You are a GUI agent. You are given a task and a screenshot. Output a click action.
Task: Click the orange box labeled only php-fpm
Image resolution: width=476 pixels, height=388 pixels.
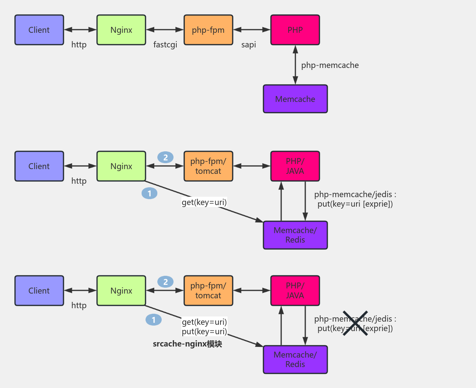click(208, 30)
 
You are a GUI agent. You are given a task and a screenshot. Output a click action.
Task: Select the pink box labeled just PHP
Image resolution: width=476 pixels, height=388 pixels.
click(295, 30)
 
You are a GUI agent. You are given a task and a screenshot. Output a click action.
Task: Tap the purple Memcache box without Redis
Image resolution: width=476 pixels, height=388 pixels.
click(295, 99)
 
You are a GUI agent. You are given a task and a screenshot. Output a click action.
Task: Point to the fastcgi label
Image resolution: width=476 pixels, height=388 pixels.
click(165, 45)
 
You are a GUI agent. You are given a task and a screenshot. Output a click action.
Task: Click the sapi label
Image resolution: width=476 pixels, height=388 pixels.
click(248, 45)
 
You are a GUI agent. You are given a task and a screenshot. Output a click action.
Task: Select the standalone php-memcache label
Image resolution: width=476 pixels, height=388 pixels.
click(330, 65)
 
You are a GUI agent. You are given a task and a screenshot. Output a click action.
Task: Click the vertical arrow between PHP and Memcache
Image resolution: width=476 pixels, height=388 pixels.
click(295, 64)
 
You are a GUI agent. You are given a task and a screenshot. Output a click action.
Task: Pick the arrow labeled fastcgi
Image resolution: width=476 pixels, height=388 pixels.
click(165, 30)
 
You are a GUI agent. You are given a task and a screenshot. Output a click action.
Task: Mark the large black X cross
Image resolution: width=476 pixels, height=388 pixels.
click(355, 323)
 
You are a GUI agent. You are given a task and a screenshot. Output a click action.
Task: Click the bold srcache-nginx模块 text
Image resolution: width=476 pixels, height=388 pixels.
click(187, 344)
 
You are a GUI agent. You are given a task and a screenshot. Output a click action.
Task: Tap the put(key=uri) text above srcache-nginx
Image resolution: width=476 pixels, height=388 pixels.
click(204, 331)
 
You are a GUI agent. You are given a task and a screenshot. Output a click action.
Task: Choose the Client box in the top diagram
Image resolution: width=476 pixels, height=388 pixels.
click(39, 30)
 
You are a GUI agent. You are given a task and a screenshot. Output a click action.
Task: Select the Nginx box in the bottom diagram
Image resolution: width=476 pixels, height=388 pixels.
click(121, 291)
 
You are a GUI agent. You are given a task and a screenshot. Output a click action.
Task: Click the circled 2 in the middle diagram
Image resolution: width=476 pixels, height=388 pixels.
click(165, 157)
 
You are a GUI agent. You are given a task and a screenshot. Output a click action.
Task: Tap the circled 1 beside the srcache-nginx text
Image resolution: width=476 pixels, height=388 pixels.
click(153, 320)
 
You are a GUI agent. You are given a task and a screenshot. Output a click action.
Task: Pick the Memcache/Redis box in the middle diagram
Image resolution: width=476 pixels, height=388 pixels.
click(295, 235)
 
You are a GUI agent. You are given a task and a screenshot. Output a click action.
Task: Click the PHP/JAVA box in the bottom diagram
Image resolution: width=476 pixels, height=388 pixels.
click(295, 291)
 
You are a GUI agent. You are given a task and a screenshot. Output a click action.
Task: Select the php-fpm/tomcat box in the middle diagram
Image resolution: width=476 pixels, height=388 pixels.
click(208, 166)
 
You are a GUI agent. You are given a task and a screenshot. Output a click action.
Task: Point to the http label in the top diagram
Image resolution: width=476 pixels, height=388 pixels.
click(79, 45)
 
